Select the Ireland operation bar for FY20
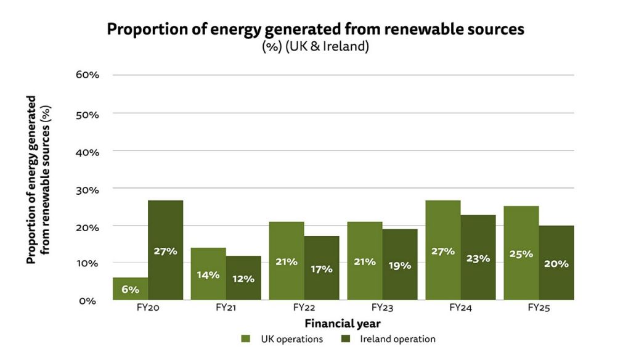click(165, 250)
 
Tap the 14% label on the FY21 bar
click(208, 274)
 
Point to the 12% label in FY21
click(243, 279)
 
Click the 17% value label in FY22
click(321, 269)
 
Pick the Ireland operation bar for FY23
click(399, 264)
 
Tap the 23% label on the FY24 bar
click(478, 258)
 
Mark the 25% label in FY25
click(521, 253)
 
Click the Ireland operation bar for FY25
click(556, 263)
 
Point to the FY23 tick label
click(382, 308)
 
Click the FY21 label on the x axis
click(226, 308)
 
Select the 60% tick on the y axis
click(87, 75)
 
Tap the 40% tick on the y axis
click(87, 151)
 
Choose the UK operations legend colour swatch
click(245, 339)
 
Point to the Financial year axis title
click(343, 323)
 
